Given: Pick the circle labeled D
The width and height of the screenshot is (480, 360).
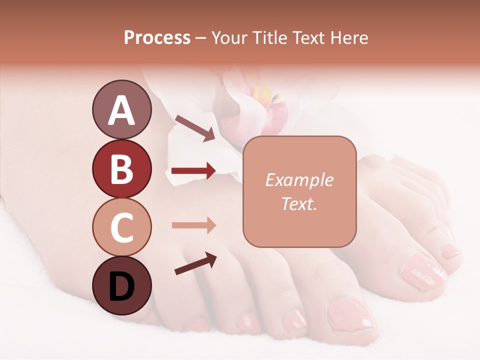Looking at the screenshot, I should coord(121,285).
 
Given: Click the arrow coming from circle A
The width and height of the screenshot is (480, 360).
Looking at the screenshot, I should coord(194,127).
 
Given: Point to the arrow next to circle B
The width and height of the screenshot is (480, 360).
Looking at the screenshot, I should coord(193,171).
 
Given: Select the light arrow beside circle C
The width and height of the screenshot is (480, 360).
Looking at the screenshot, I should coord(193,225).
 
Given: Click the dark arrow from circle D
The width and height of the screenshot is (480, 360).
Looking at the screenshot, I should coord(195,263).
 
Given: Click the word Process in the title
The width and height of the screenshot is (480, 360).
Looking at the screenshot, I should coord(157,37).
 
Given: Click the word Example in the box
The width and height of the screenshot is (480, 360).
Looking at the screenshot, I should coord(299,180).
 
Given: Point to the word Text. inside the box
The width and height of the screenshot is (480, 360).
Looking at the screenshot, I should coord(299,203).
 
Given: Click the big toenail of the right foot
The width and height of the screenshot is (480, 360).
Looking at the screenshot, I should coord(419,270).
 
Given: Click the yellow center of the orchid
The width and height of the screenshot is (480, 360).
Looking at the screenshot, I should coord(264,93).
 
